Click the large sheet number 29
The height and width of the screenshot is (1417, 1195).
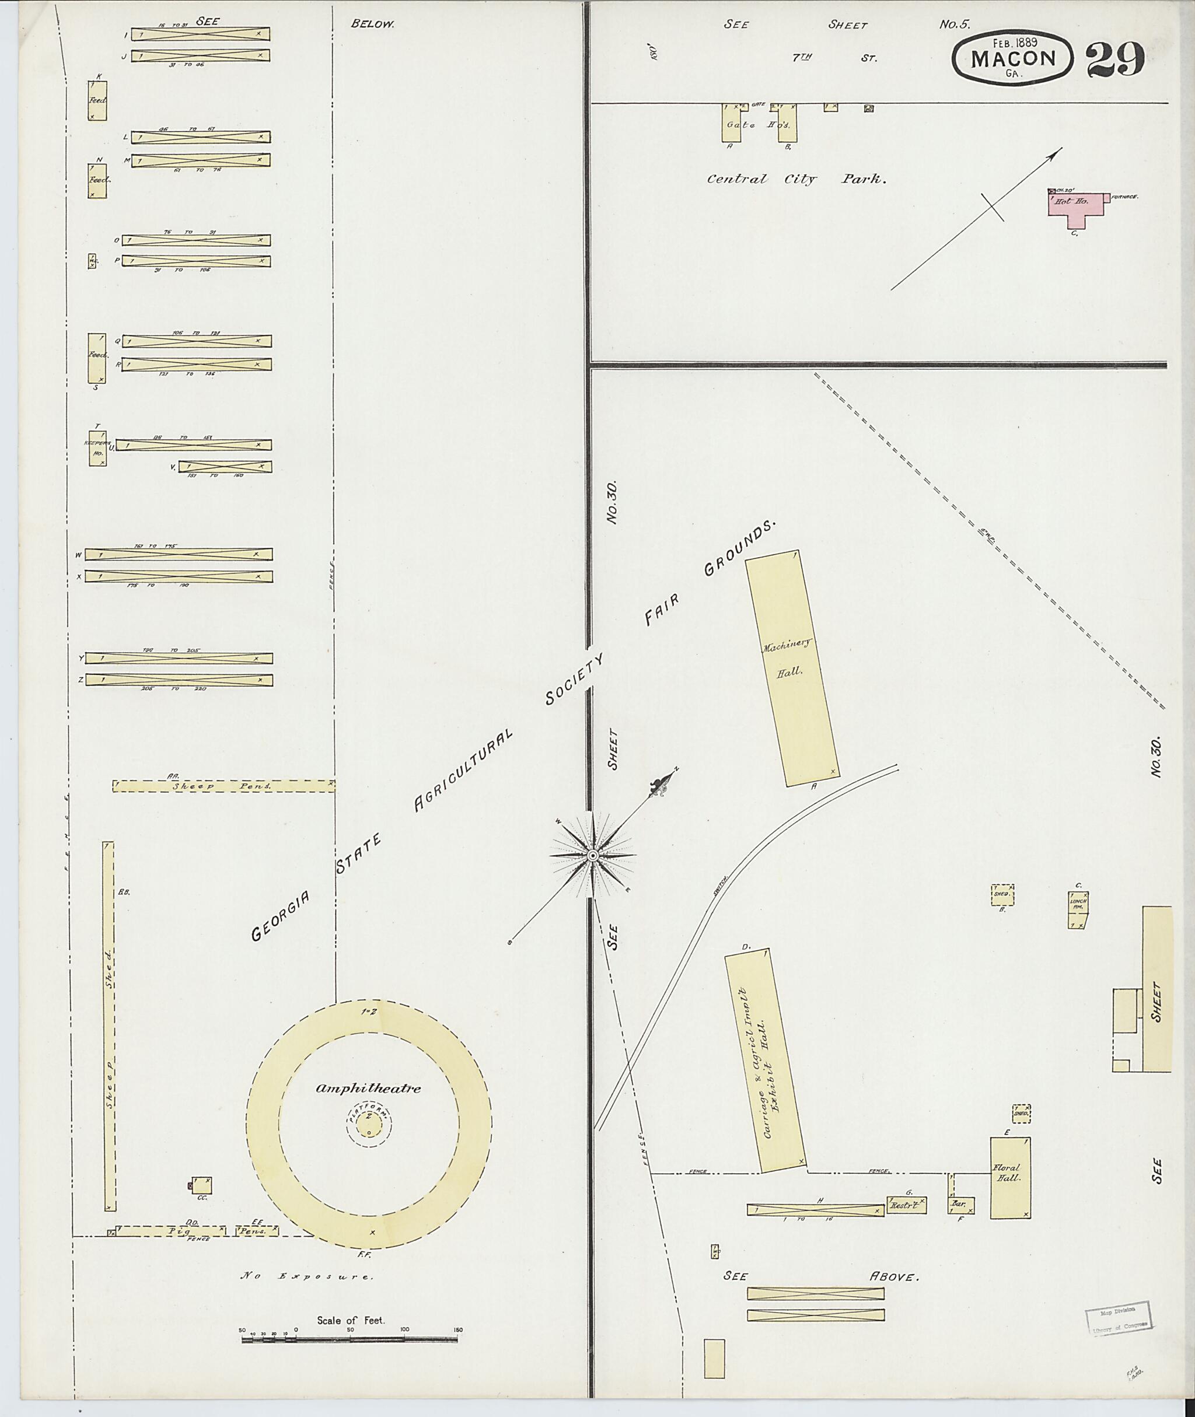[1115, 60]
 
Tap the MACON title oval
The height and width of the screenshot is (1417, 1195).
[1013, 60]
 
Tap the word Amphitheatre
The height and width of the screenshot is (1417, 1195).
[368, 1089]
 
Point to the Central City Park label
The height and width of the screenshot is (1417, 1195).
[795, 180]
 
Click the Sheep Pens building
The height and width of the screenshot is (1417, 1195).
[223, 786]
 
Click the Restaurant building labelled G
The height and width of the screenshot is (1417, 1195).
[906, 1204]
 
